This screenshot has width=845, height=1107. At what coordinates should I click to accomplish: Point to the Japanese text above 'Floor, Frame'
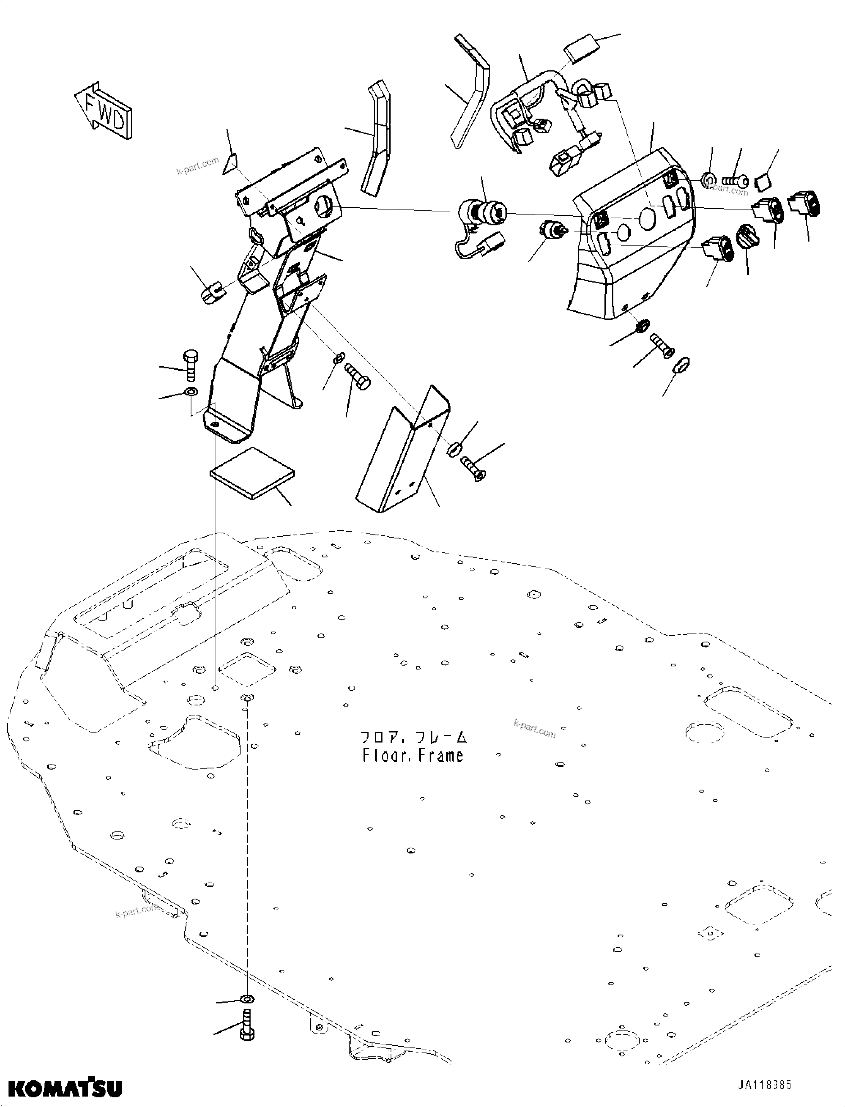coord(413,738)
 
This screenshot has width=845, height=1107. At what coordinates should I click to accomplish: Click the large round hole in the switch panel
coord(647,217)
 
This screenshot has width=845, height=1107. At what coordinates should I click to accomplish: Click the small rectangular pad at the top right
coord(582,48)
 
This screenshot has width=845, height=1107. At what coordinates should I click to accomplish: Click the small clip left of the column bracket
coord(211,293)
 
